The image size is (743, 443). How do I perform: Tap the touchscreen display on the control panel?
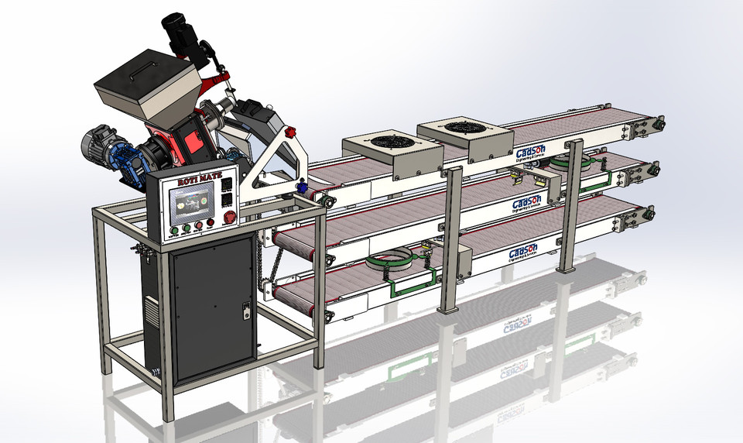point(190,203)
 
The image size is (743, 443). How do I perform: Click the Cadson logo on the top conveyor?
point(533,153)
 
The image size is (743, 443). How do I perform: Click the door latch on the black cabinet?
point(246,310)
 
